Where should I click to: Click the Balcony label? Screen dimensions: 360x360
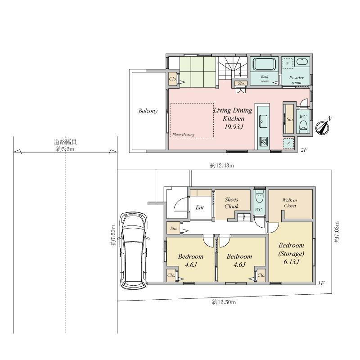pos(148,111)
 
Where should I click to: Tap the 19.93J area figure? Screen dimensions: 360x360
pos(234,127)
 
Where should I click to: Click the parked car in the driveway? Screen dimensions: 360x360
pos(134,251)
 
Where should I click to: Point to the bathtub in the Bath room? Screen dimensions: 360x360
pos(264,64)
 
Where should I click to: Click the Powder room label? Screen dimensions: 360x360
pos(297,80)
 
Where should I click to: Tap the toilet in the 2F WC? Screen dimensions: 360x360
pos(303,126)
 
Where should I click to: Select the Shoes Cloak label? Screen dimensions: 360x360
pos(231,203)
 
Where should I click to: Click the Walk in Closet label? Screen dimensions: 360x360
pos(290,203)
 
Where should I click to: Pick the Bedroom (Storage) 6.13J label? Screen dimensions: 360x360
pos(291,253)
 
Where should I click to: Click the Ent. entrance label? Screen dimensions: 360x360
pos(200,207)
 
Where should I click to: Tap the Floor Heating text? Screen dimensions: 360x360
pos(184,135)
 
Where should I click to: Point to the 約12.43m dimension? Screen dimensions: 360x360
pos(222,165)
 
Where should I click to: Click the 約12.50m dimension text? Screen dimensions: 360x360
pos(224,302)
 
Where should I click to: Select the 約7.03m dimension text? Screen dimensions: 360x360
pos(337,232)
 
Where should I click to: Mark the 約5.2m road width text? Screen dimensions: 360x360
pos(65,149)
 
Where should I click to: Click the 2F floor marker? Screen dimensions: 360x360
pos(304,150)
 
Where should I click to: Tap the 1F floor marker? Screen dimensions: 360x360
pos(321,283)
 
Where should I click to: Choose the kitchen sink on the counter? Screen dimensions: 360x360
pos(263,121)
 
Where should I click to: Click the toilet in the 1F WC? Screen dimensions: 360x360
pos(260,197)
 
